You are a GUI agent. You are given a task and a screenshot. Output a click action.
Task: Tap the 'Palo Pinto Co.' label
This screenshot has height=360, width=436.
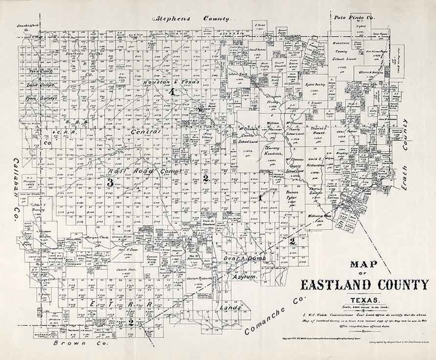(352, 18)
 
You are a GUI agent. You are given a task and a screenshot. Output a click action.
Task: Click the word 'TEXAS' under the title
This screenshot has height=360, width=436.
(364, 300)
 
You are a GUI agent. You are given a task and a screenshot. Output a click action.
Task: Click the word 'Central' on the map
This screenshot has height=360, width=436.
(146, 132)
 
